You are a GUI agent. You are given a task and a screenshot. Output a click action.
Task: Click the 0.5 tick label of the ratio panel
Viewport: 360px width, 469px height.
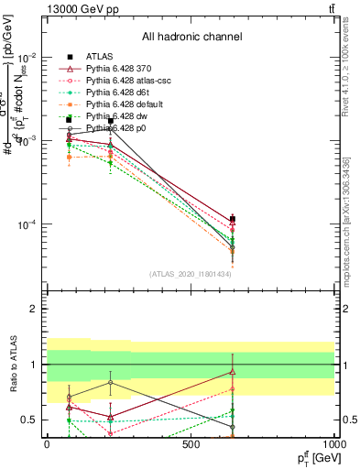29,420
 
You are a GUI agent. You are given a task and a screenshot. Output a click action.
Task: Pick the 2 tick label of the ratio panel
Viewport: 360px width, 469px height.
34,309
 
